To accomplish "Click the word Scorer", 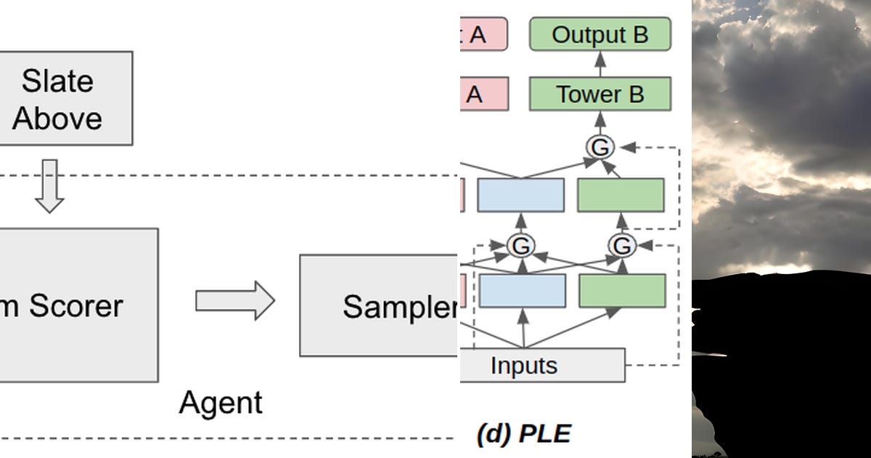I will pos(76,306).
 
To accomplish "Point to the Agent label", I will pos(221,402).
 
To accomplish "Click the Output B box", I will pos(600,35).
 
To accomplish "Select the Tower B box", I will pos(600,95).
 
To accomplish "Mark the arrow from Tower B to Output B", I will pos(600,65).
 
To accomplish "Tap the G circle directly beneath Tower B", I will pos(600,148).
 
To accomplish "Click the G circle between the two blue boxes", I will pos(520,246).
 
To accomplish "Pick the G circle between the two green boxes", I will pos(621,246).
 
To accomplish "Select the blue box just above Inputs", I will pos(521,291).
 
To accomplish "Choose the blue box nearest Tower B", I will pos(520,195).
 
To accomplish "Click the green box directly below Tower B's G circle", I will pos(621,195).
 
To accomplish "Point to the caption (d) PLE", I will pos(523,434).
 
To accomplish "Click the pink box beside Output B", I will pos(483,35).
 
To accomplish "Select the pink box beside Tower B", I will pos(483,95).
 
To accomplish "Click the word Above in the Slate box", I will pos(57,118).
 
